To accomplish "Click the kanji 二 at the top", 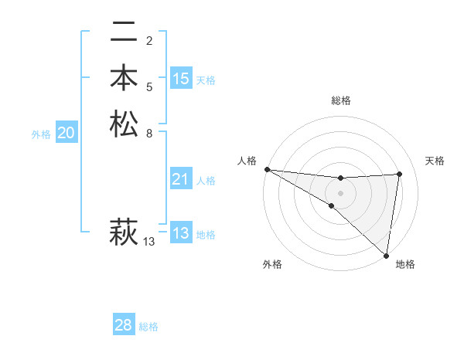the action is [124, 33].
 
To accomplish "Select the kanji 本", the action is [124, 79].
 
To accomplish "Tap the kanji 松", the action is [124, 124].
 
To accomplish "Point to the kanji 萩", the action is [124, 231].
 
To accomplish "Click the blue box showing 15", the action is [181, 79].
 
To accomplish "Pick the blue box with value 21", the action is [181, 179].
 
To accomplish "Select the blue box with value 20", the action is [67, 133].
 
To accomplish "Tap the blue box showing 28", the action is [124, 325].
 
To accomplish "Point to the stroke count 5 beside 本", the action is [149, 87].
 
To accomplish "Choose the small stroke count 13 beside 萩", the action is [149, 242].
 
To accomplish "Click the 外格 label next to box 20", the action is [41, 134].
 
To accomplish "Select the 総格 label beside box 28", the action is [148, 327].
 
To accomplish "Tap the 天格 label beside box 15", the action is [206, 80].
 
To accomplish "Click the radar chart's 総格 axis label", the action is [340, 100].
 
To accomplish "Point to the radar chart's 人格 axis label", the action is [247, 160].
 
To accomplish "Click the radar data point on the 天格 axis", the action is [400, 174].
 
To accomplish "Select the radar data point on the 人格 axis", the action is [267, 169].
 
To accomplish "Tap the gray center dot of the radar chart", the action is [340, 192].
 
